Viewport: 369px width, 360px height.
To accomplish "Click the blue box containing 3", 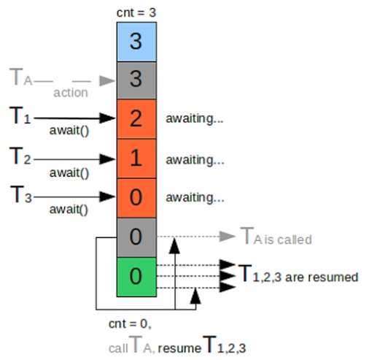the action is click(136, 42).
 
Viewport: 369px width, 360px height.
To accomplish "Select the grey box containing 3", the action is click(136, 80).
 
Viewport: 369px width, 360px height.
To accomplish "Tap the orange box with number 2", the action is click(136, 119).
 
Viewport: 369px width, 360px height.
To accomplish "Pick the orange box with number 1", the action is click(136, 158).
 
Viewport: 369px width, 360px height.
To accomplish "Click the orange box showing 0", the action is click(136, 198).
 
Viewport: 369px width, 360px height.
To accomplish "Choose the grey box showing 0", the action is click(136, 237).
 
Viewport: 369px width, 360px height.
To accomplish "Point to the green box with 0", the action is click(136, 277).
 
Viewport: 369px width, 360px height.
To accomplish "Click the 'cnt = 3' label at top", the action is click(136, 12).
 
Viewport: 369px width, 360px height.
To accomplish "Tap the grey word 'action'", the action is click(71, 93).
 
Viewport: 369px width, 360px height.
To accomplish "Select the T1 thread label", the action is click(20, 115).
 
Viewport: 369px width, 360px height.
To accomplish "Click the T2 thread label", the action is click(20, 156).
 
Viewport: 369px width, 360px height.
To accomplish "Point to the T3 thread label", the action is click(21, 194).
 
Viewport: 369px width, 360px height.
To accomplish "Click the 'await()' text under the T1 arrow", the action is click(69, 131).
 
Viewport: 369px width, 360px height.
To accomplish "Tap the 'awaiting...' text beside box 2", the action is click(195, 118).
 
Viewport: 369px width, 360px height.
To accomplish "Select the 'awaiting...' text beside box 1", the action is click(195, 160).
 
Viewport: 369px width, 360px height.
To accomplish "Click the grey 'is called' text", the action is click(288, 240).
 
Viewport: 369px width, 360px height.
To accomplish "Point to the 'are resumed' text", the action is click(322, 277).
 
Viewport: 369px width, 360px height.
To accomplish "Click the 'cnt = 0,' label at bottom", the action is click(130, 324).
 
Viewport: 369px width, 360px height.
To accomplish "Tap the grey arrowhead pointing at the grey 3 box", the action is click(107, 81).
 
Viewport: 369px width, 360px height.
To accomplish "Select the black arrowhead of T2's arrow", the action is click(107, 159).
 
